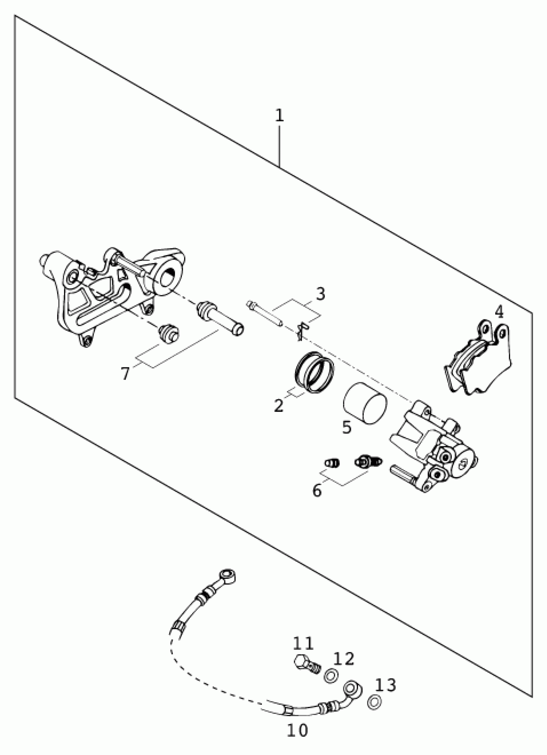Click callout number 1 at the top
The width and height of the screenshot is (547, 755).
click(279, 115)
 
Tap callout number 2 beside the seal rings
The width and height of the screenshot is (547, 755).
click(279, 405)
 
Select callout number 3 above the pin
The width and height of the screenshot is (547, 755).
click(320, 294)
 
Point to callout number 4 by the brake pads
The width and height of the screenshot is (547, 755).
click(499, 312)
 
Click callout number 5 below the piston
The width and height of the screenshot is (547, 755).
click(347, 427)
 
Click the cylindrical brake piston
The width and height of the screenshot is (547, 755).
click(365, 406)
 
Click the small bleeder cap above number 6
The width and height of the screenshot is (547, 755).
click(332, 462)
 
